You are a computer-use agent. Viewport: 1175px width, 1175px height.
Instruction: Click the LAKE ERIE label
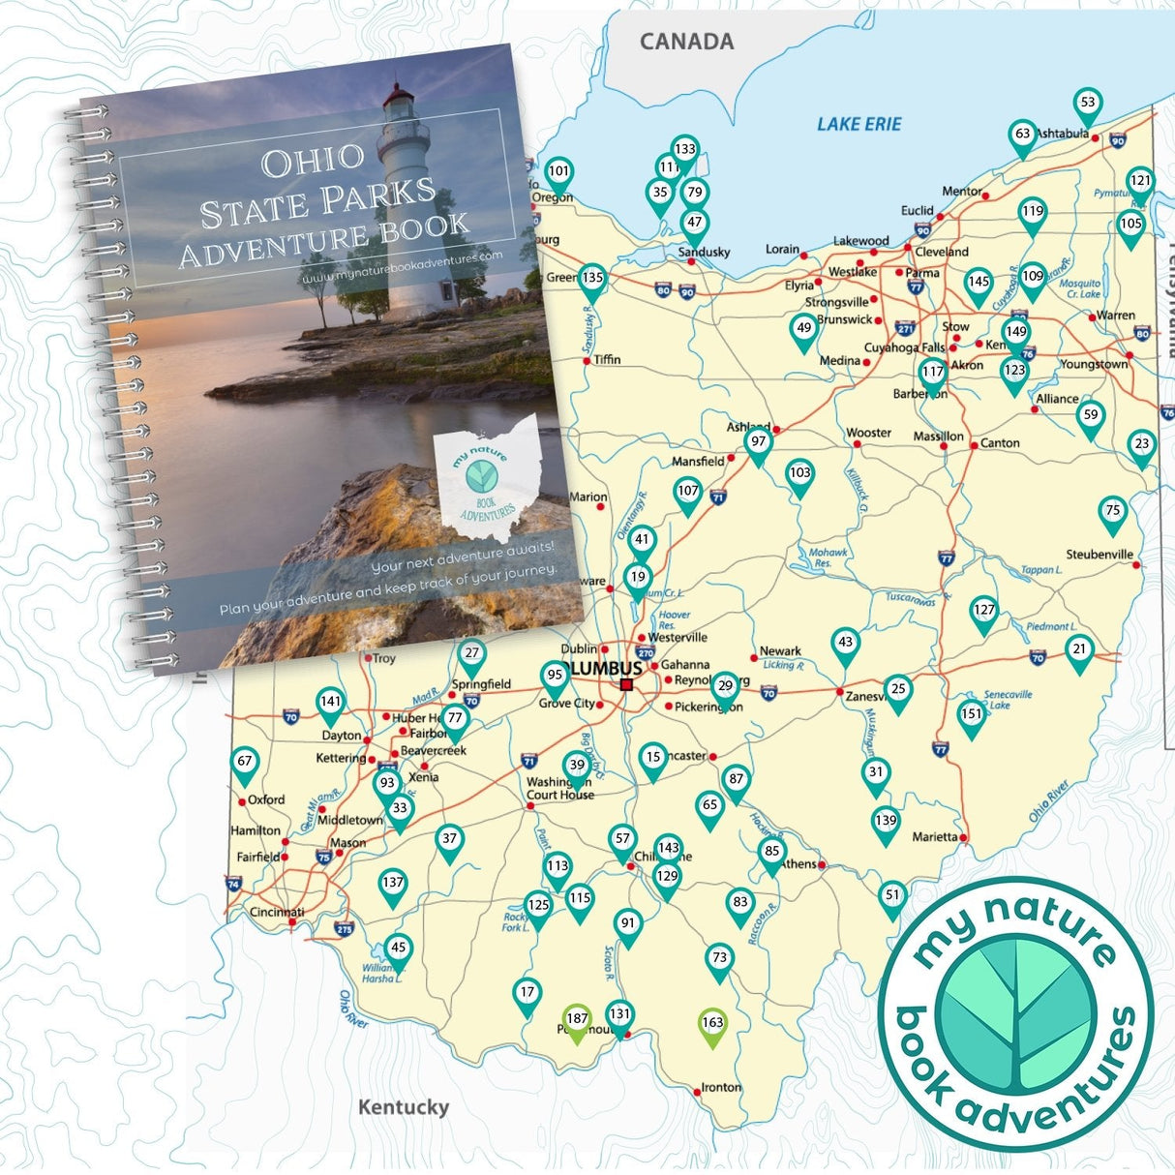pos(859,124)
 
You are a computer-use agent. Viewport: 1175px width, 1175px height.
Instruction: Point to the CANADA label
pos(686,42)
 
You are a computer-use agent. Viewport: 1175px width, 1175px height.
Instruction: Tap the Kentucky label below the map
pos(404,1107)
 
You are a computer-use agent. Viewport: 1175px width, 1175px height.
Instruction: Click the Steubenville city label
pos(1100,555)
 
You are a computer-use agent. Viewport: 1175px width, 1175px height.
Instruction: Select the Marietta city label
pos(935,837)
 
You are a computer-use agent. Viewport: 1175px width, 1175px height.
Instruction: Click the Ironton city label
pos(721,1087)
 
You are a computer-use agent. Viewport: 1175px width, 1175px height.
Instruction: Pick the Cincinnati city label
pos(277,912)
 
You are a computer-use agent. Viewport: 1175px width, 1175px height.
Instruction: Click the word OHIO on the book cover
pos(312,161)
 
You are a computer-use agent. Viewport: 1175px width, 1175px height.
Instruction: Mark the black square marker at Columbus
pos(626,684)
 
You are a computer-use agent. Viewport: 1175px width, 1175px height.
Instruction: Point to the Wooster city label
pos(868,433)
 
